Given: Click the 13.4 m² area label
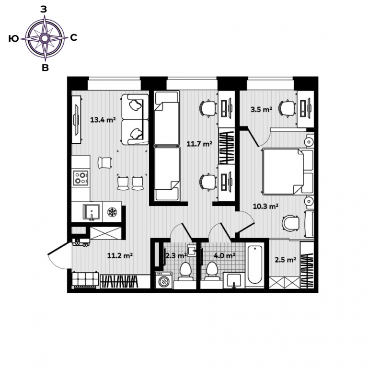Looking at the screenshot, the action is pyautogui.click(x=103, y=120).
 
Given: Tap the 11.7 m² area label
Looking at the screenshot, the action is pyautogui.click(x=199, y=143).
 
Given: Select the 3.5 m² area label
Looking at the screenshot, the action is pyautogui.click(x=262, y=109).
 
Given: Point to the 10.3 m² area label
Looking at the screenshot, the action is pyautogui.click(x=265, y=207).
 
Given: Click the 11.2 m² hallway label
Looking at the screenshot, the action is pyautogui.click(x=120, y=255).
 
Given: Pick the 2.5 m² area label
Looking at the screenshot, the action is pyautogui.click(x=286, y=260).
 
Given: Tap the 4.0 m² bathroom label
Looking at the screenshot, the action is pyautogui.click(x=225, y=255).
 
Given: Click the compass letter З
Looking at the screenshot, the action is pyautogui.click(x=44, y=10).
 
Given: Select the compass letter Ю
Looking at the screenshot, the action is pyautogui.click(x=13, y=38).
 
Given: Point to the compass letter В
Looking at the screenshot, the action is pyautogui.click(x=45, y=68).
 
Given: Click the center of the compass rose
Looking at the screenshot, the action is pyautogui.click(x=45, y=38).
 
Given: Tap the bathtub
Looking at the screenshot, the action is pyautogui.click(x=254, y=264).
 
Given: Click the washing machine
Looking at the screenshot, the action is pyautogui.click(x=163, y=280).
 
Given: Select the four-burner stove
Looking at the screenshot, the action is pyautogui.click(x=80, y=178).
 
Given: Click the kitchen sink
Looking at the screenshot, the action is pyautogui.click(x=91, y=212).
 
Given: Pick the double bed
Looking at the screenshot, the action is pyautogui.click(x=288, y=172).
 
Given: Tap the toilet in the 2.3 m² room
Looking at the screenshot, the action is pyautogui.click(x=185, y=272).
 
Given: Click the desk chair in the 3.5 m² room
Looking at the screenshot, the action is pyautogui.click(x=287, y=108).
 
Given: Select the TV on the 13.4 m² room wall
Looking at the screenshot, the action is pyautogui.click(x=76, y=120).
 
